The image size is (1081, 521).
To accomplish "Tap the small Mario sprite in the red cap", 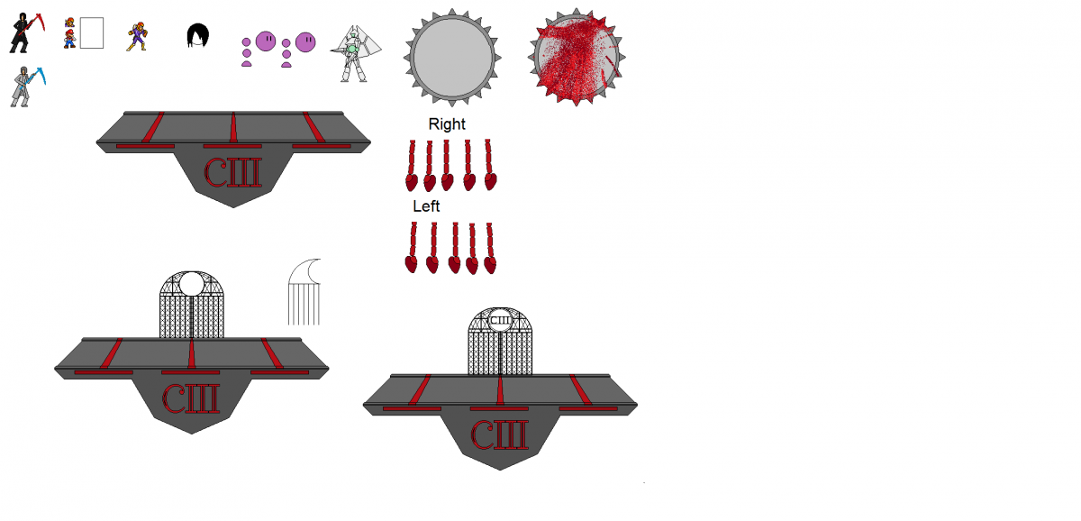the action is tap(70, 39).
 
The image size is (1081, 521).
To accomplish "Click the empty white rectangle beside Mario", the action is tap(92, 32).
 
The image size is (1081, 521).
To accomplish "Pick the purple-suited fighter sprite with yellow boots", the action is tap(137, 37).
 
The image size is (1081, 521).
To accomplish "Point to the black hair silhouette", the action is tap(198, 35).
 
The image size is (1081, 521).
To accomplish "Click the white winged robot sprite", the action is tap(355, 54).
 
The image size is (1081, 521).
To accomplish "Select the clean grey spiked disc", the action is tap(452, 58).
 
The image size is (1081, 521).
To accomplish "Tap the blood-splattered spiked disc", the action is tap(577, 57).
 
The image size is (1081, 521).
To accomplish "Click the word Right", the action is tap(447, 124).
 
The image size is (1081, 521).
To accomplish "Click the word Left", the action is tap(426, 206).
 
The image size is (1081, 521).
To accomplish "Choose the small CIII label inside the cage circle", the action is tap(499, 320).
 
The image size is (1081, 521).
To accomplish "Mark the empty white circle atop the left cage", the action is tap(192, 283).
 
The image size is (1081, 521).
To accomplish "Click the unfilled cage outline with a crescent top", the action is tap(304, 292).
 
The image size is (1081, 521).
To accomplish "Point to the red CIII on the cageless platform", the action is tap(233, 173).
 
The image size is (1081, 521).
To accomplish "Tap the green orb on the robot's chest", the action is tap(352, 49).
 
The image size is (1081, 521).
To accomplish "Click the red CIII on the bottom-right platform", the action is tap(499, 434).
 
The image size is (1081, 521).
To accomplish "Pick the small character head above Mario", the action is tap(70, 23).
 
